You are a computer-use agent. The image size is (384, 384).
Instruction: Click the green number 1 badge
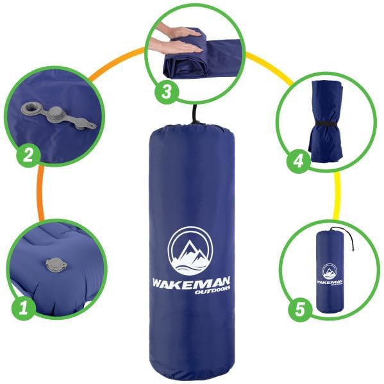pyautogui.click(x=24, y=308)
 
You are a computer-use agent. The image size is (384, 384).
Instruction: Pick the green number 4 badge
pyautogui.click(x=297, y=162)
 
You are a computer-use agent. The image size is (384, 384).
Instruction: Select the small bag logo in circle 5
pyautogui.click(x=329, y=272)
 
